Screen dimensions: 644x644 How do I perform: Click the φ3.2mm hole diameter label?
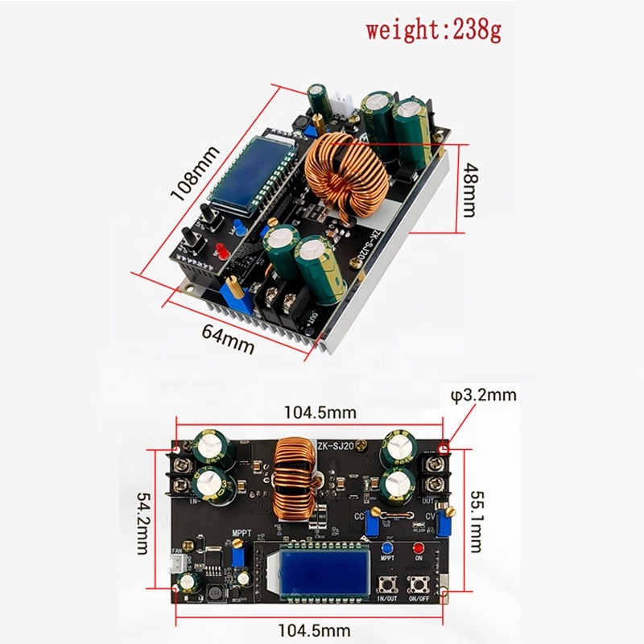point(483,394)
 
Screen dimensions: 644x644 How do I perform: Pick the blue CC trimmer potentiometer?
point(373,524)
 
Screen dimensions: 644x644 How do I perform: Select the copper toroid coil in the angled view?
point(347,175)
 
